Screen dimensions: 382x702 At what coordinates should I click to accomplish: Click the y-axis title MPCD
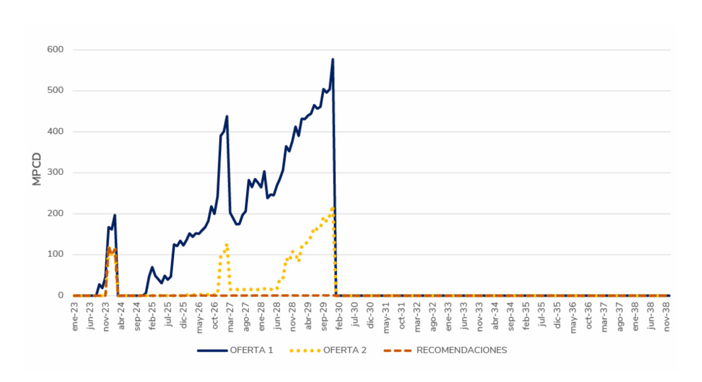tap(37, 169)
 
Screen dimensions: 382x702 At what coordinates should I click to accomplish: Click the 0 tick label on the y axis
tap(60, 296)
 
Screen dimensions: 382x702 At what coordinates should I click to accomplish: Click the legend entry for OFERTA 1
tap(235, 351)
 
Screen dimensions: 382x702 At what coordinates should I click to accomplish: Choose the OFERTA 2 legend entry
tap(328, 351)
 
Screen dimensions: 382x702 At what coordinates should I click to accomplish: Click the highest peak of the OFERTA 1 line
tap(333, 59)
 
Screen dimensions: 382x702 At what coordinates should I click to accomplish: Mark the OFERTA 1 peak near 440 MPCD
tap(227, 116)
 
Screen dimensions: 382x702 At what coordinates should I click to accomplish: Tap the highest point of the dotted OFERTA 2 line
tap(332, 208)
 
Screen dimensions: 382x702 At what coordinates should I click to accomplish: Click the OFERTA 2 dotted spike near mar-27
tap(227, 245)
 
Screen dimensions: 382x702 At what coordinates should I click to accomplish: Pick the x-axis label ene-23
tap(75, 316)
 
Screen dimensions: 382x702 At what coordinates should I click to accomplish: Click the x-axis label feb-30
tap(340, 316)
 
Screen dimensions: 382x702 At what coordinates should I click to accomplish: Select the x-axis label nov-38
tap(667, 316)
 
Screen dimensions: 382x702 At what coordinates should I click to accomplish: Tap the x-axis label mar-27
tap(231, 316)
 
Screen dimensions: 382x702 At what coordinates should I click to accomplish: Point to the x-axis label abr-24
tap(122, 316)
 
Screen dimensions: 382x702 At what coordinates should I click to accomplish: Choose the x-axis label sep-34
tap(511, 316)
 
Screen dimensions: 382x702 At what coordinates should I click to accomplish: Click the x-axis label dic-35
tap(558, 316)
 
